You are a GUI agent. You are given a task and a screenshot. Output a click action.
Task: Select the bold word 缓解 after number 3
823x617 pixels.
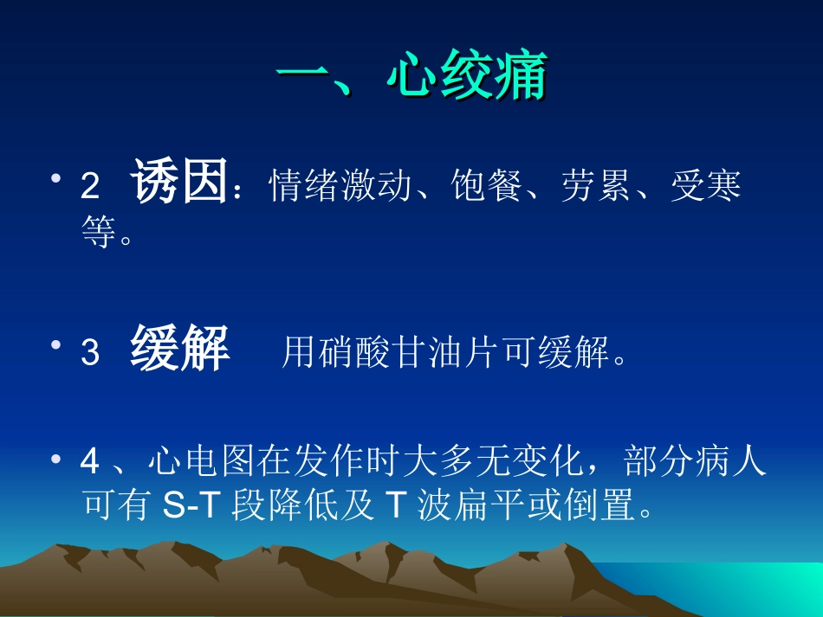(x=179, y=350)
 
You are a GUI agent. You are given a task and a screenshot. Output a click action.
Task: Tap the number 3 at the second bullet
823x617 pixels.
(x=90, y=354)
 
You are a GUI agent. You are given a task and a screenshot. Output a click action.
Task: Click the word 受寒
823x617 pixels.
(x=705, y=185)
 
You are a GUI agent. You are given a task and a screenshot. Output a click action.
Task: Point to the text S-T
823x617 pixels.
(x=192, y=506)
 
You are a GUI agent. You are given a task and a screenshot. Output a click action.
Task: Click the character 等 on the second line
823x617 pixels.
(x=99, y=233)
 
